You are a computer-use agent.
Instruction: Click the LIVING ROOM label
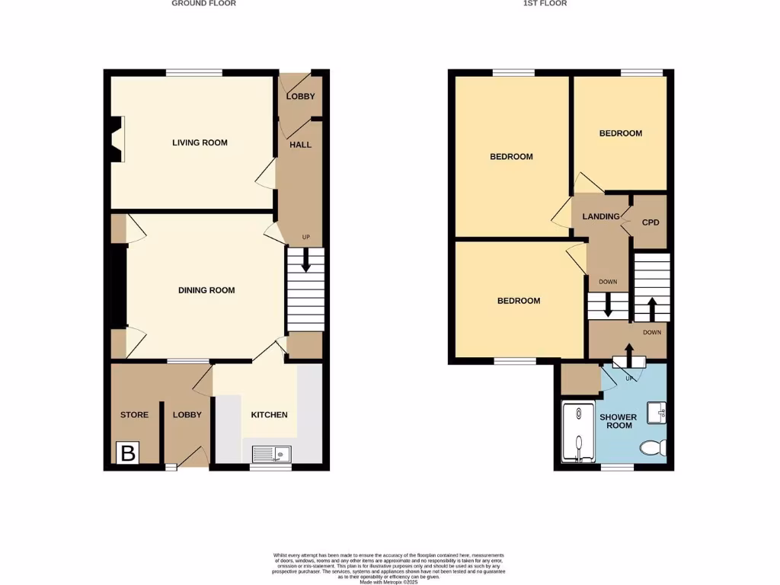(x=200, y=142)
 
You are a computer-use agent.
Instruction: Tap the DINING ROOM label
(x=206, y=290)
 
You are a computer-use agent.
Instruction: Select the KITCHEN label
(x=270, y=415)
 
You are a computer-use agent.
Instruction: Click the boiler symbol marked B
(x=127, y=453)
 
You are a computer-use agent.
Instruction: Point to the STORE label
(x=134, y=415)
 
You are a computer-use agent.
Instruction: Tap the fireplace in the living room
(x=117, y=139)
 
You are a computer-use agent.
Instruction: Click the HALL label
(x=300, y=145)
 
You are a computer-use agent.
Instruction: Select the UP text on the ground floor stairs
(x=306, y=237)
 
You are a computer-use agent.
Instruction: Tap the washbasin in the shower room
(x=657, y=413)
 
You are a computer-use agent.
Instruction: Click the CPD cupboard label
(x=651, y=223)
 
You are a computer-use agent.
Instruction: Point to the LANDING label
(x=601, y=216)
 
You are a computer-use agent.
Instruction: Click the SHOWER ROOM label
(x=618, y=421)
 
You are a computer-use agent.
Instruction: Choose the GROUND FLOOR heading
(x=203, y=4)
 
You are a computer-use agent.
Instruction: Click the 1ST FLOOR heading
(x=545, y=4)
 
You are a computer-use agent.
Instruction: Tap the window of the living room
(x=194, y=73)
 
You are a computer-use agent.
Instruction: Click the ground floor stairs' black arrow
(x=306, y=261)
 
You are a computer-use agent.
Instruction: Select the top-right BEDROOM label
(x=620, y=133)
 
